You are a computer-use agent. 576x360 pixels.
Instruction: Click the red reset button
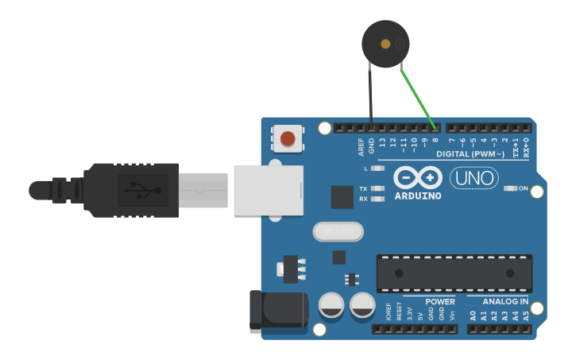click(x=288, y=140)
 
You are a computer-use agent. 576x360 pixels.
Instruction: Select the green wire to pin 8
click(x=418, y=98)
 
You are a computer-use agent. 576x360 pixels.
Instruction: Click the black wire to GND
click(x=370, y=95)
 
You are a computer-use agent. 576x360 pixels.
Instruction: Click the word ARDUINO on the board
click(x=418, y=195)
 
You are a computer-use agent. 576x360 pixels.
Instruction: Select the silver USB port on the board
click(x=269, y=189)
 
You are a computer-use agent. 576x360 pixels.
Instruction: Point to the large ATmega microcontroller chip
click(x=454, y=273)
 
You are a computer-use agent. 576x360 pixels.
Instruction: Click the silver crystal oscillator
click(x=338, y=232)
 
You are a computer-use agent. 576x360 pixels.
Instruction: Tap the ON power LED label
click(x=523, y=188)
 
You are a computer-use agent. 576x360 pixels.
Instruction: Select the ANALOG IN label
click(x=505, y=302)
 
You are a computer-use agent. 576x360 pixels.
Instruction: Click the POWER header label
click(x=439, y=302)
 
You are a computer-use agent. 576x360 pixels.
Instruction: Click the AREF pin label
click(x=361, y=146)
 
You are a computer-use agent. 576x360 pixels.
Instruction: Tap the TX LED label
click(x=363, y=189)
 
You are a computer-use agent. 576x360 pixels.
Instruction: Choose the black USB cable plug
click(x=131, y=190)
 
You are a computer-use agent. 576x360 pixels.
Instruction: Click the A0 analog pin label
click(x=473, y=315)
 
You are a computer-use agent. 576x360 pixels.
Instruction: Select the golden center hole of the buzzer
click(x=386, y=44)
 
